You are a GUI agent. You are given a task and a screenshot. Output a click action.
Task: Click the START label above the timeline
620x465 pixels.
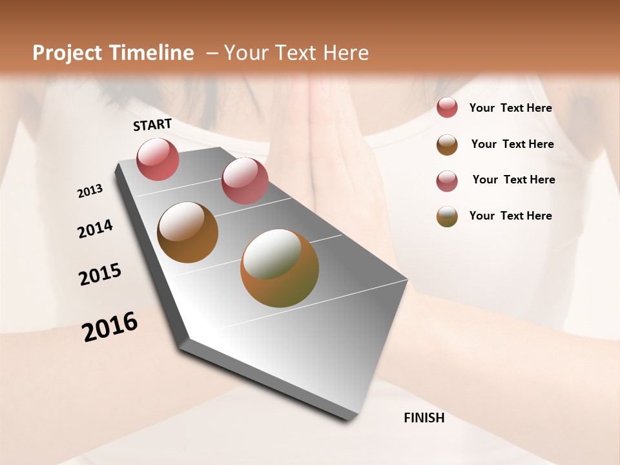[152, 125]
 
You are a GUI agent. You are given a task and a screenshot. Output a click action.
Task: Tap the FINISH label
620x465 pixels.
[424, 418]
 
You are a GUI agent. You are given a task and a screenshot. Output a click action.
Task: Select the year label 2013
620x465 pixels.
[90, 191]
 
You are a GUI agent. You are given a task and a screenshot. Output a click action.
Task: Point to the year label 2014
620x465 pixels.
[95, 229]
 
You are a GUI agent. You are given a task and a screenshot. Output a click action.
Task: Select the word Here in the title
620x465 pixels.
[345, 53]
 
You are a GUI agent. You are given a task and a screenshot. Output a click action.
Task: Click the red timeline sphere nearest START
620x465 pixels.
[158, 159]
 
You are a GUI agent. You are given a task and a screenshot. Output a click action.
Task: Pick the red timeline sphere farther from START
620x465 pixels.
[245, 180]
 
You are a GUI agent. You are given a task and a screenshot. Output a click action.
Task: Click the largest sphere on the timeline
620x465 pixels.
[280, 267]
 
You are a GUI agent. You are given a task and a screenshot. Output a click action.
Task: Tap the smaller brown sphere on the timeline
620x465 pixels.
[187, 232]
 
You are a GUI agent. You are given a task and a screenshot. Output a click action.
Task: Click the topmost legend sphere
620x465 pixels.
[447, 107]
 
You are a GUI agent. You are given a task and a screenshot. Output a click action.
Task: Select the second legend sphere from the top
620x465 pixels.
[447, 145]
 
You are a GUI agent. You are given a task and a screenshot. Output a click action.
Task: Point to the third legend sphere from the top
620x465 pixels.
[447, 181]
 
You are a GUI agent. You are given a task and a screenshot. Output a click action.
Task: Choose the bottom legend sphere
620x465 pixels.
[447, 216]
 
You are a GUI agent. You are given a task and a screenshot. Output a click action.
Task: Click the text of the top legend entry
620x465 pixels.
[510, 108]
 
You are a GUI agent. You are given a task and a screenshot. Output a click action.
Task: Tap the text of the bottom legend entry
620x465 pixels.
[510, 216]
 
